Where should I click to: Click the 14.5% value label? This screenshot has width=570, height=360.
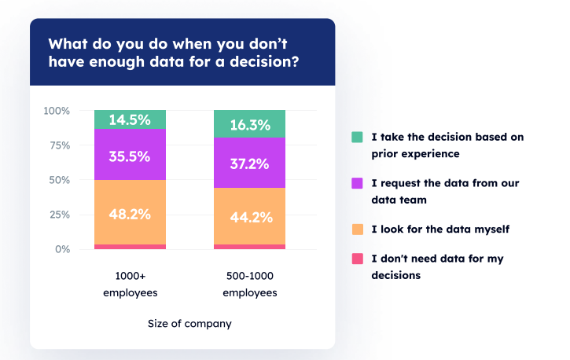(130, 119)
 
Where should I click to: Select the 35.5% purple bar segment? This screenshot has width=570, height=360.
(130, 156)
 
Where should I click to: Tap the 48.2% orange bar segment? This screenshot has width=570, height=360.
(130, 212)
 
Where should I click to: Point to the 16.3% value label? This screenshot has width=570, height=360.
(249, 125)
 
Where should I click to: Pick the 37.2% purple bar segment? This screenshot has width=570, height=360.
(249, 164)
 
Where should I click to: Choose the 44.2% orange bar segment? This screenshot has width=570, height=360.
(249, 217)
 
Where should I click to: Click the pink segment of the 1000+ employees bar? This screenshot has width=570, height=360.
(130, 247)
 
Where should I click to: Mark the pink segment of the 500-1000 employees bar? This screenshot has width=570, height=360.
(249, 247)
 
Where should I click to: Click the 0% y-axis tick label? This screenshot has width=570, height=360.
(62, 249)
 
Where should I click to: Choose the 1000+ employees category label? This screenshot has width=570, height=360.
(130, 285)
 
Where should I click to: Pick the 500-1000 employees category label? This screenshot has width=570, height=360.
(249, 285)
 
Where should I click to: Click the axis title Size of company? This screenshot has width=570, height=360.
(189, 323)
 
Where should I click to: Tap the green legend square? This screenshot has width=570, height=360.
(357, 138)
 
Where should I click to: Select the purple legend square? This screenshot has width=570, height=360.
(357, 183)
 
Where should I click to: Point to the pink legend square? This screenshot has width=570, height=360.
(357, 259)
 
